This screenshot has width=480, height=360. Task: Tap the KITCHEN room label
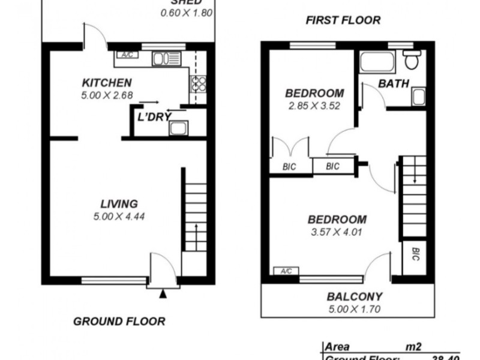(107, 83)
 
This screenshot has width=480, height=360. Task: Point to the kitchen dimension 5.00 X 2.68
(107, 94)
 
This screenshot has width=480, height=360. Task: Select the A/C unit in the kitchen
(127, 55)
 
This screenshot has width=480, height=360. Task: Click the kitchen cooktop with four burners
(199, 84)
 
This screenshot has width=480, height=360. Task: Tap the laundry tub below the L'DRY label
(178, 128)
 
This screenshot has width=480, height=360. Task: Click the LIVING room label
(119, 204)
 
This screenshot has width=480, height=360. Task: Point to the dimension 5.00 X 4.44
(119, 216)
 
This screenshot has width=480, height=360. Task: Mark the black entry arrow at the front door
(162, 293)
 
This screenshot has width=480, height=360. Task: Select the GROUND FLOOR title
(119, 321)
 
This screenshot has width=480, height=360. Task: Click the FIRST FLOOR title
(343, 20)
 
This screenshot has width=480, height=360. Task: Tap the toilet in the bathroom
(412, 59)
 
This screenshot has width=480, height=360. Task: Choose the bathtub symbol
(377, 61)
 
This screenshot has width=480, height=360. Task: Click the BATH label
(394, 83)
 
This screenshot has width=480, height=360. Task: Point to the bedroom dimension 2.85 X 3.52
(314, 106)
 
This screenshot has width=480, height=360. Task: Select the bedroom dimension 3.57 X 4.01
(336, 232)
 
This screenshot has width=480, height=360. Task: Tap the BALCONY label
(354, 296)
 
